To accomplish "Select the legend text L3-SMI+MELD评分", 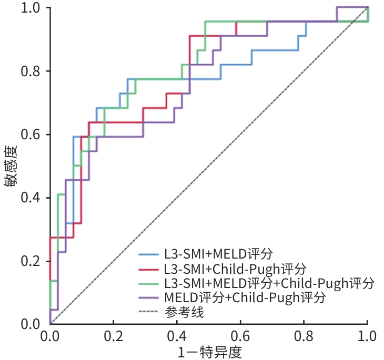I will pos(218,254).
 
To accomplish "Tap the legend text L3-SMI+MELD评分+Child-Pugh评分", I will pos(269,283).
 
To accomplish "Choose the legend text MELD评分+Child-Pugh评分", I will pos(245,297).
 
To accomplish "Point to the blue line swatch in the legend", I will pos(149,255).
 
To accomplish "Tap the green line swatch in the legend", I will pos(149,284).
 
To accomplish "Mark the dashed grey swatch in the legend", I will pos(149,312).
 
